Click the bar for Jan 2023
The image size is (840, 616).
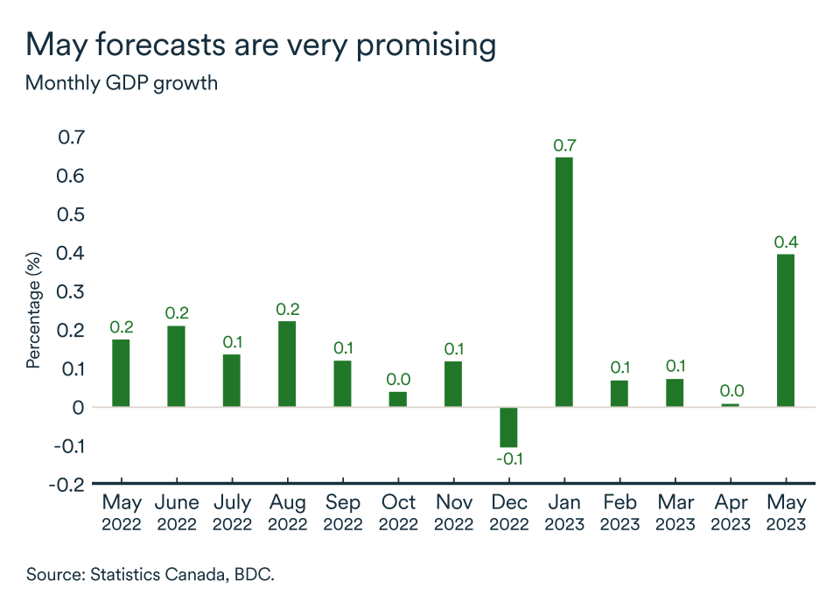coord(563,282)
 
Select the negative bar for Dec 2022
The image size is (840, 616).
coord(508,427)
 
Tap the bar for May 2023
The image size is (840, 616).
coord(786,330)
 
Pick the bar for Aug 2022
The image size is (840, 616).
coord(287,363)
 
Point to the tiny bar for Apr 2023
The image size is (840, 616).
coord(730,405)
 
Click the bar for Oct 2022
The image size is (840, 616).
coord(397,399)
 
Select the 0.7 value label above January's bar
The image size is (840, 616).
coord(564,145)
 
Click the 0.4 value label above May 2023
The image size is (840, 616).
coord(786,241)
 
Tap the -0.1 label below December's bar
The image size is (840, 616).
coord(508,458)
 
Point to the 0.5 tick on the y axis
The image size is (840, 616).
coord(72,214)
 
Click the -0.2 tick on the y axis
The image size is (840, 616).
coord(68,484)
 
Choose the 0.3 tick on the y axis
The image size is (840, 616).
coord(72,291)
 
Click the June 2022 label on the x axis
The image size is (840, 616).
coord(177,513)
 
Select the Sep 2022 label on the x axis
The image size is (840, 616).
coord(342,513)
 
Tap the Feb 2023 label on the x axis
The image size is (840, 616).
coord(619,513)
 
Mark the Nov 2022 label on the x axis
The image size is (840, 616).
coord(453,513)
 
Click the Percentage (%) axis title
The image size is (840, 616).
coord(33,311)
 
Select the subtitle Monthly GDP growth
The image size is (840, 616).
coord(122,84)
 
